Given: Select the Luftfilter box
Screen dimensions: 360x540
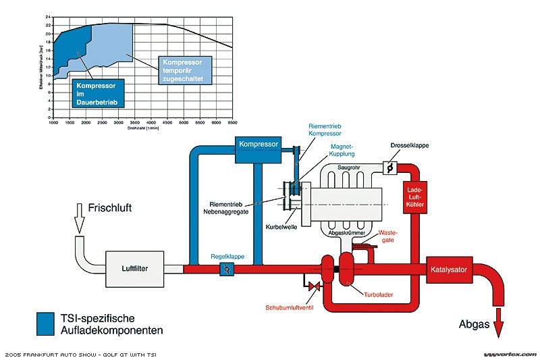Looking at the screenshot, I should tap(135, 268).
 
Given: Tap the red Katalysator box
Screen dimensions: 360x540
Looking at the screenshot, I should tap(447, 269).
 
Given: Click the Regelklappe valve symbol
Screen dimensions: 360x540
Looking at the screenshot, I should tap(227, 269).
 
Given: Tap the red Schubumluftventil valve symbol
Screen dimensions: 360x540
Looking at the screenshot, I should tap(314, 287).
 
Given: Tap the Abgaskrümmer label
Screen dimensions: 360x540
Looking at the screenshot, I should tap(345, 232).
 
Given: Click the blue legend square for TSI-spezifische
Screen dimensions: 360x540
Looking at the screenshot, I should tap(45, 324).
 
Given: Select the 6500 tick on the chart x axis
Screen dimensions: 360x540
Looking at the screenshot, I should tap(232, 124).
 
